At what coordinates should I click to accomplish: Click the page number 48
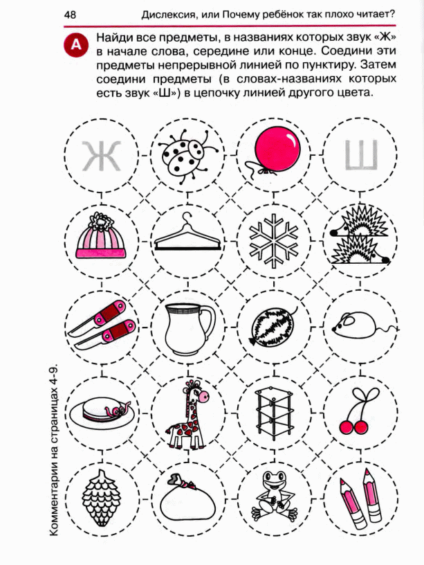(x=70, y=15)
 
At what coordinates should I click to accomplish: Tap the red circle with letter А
(x=76, y=45)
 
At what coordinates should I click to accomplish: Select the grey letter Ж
(x=102, y=155)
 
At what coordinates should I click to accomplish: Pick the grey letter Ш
(x=361, y=155)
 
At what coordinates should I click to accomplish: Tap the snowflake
(x=274, y=240)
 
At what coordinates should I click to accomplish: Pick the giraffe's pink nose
(x=204, y=396)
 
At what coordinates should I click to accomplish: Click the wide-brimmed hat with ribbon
(x=104, y=411)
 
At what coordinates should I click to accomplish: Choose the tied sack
(x=187, y=501)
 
